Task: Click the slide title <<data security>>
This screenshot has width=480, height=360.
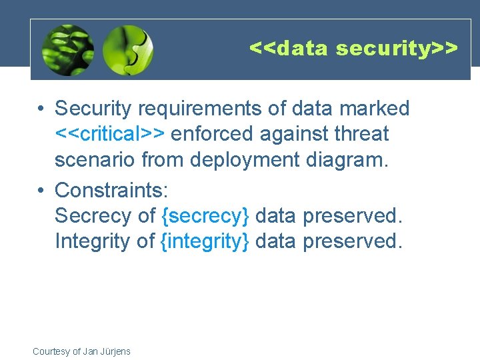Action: coord(353,48)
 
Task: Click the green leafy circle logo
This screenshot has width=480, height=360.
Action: coord(67,50)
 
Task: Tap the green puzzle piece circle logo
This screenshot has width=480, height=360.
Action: coord(128,50)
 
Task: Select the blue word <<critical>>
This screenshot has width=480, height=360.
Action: coord(110,134)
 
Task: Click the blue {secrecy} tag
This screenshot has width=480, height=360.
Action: coord(205,215)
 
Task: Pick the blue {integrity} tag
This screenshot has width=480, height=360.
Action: coord(205,241)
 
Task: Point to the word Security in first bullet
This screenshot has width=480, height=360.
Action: coord(93,108)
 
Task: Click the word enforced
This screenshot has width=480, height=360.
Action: coord(212,134)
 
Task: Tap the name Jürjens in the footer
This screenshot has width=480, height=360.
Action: coord(115,351)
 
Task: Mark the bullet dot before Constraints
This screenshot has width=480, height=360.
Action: coord(41,191)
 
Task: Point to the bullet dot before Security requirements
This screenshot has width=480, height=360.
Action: coord(41,109)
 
